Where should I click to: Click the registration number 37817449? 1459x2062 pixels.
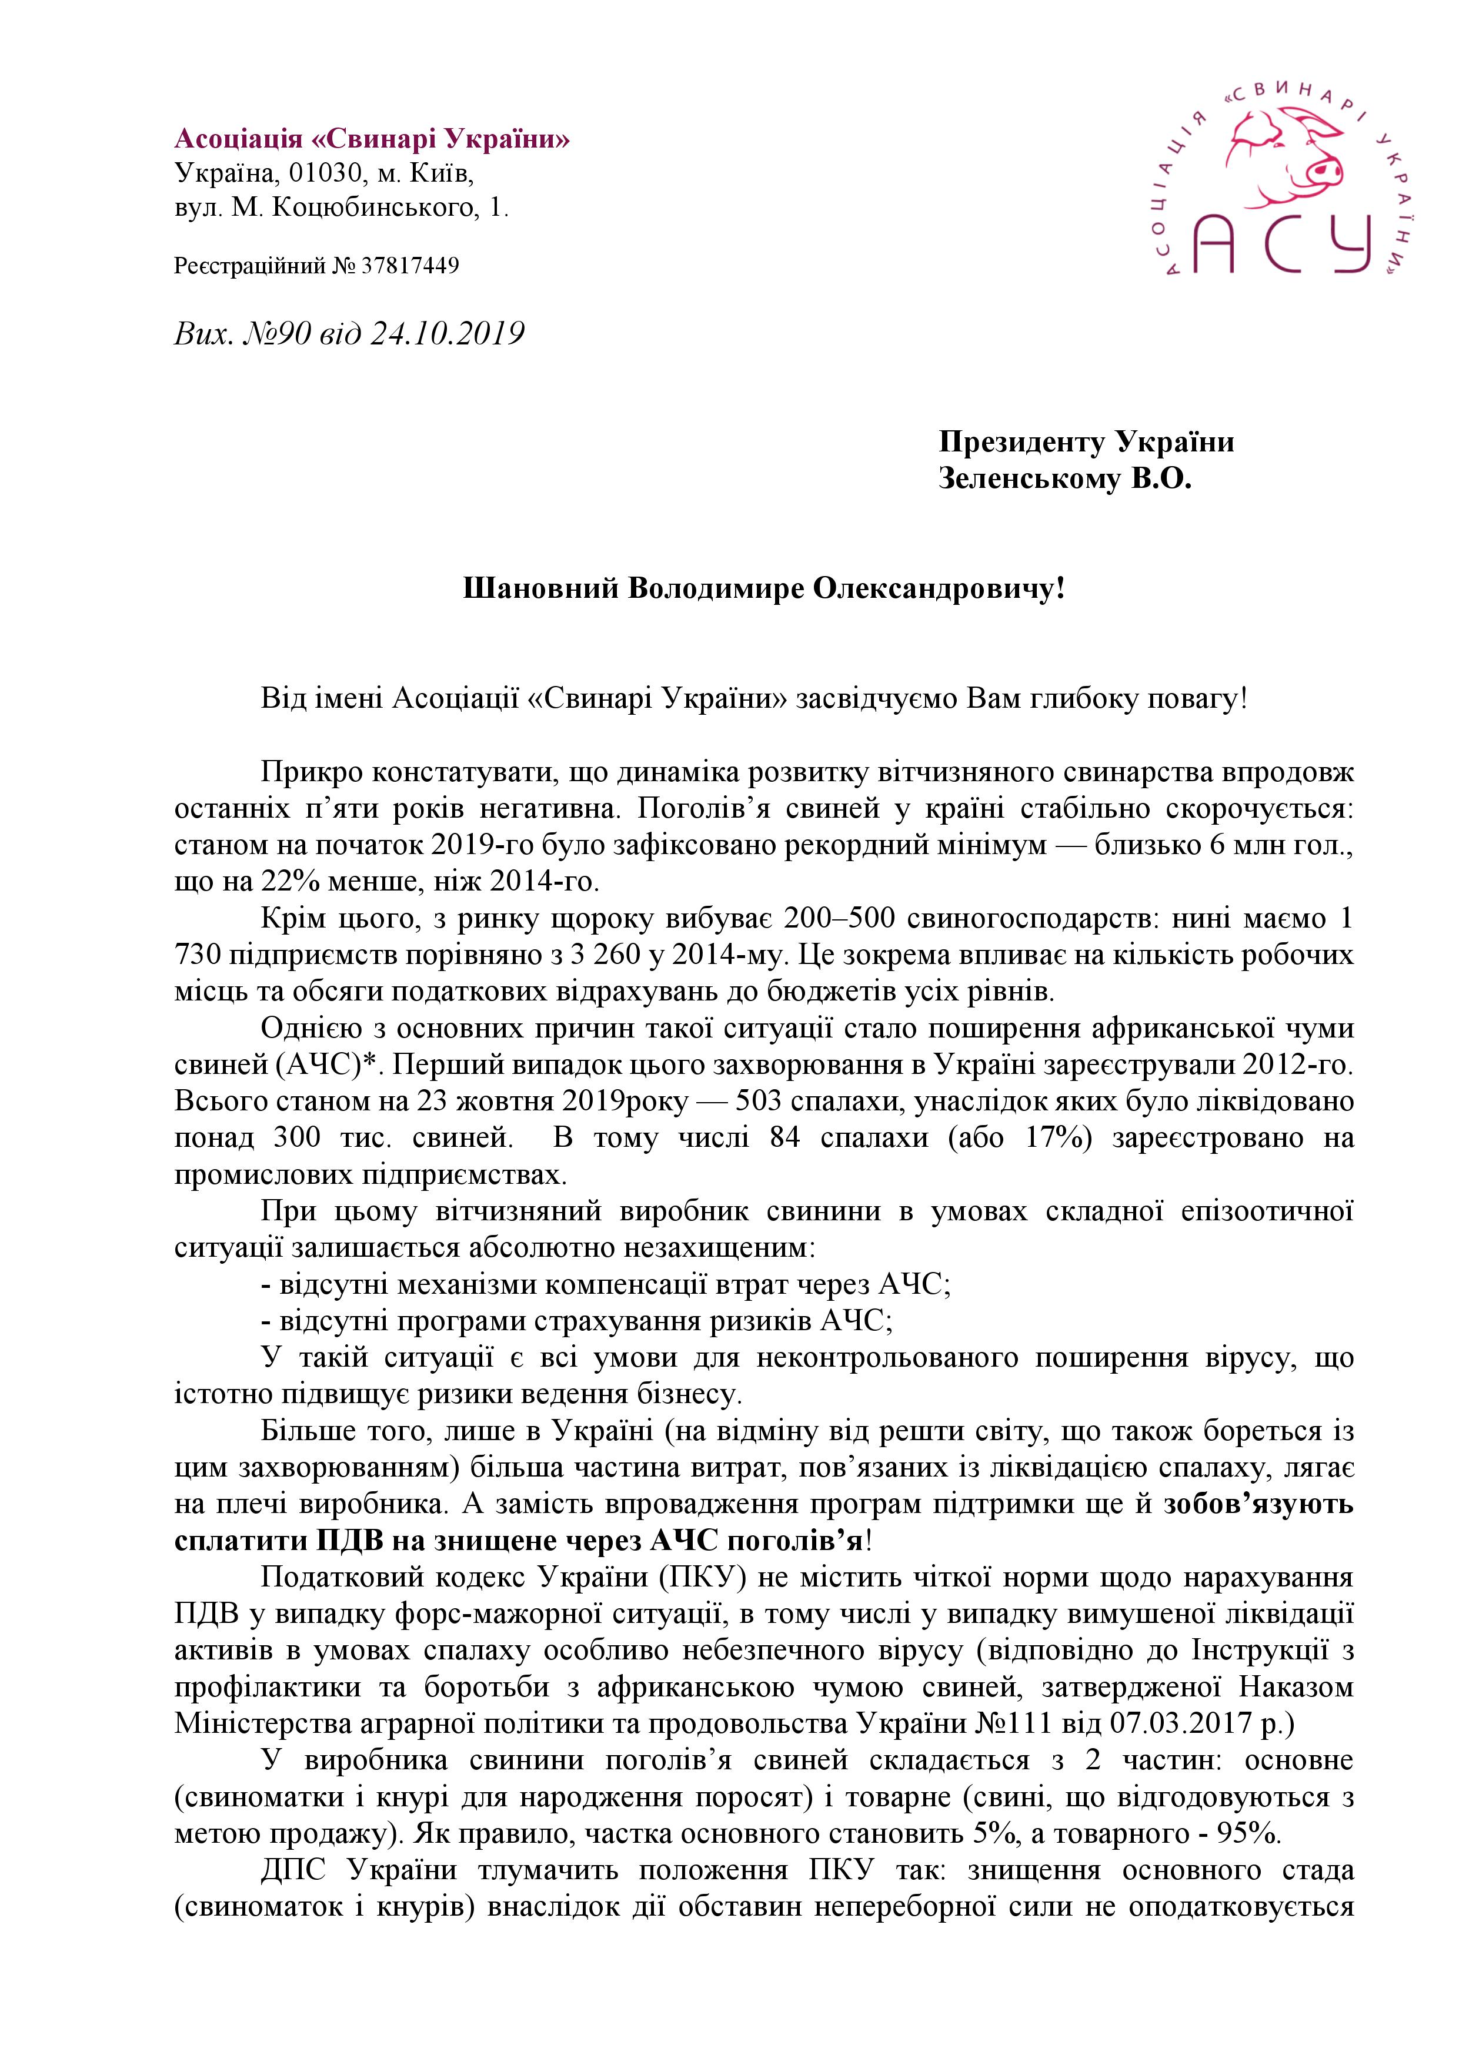410,266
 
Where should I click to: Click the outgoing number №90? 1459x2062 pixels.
275,334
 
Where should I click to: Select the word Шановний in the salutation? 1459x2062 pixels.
540,589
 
